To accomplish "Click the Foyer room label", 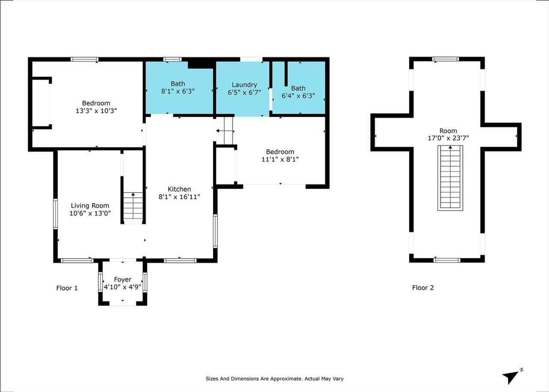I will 123,280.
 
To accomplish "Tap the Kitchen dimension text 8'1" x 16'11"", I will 179,196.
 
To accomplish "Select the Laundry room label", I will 244,85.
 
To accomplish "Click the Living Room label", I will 90,205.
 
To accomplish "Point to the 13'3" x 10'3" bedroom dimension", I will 96,110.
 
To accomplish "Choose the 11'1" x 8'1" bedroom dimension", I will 280,159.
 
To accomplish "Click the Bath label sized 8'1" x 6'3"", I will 178,84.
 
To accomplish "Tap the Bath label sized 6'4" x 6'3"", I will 298,88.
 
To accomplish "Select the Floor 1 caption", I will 67,288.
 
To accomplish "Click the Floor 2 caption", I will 423,288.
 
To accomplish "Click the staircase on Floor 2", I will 450,178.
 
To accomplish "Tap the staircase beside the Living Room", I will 133,208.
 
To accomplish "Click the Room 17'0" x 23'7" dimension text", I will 448,138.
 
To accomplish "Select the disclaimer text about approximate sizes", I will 274,379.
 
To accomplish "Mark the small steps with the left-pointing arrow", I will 224,130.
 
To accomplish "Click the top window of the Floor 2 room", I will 446,59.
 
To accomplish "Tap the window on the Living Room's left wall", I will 55,213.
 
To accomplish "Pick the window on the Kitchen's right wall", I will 215,231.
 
